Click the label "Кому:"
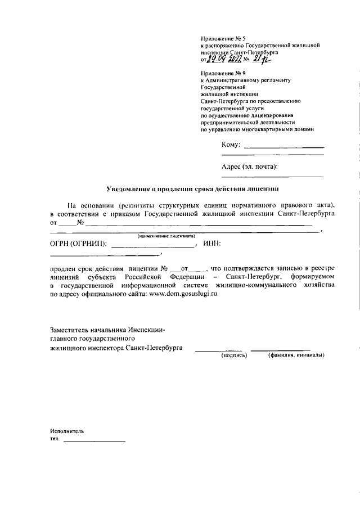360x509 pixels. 231,145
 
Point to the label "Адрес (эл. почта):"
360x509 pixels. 250,166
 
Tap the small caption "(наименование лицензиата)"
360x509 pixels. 162,236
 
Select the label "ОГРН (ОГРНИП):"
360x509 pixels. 78,244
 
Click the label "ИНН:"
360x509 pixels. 211,244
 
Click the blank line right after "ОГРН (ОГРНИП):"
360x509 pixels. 152,246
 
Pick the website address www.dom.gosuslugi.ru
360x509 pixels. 183,295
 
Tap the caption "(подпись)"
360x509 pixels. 235,355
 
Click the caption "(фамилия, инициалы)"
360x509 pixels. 296,355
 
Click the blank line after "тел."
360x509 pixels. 94,440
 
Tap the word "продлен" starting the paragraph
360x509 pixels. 64,268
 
